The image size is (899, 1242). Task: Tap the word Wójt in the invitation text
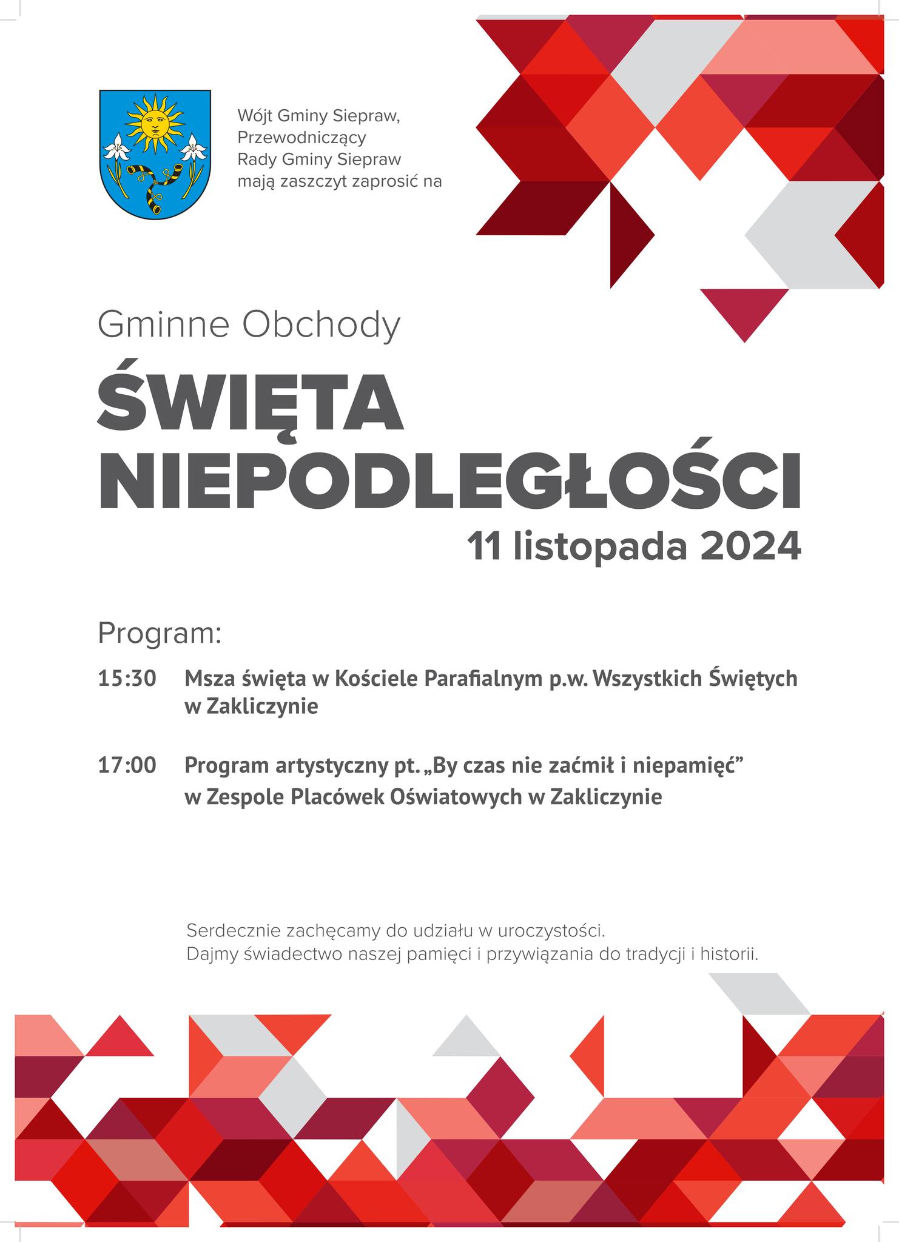tap(255, 115)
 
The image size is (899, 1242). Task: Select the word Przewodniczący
tap(301, 138)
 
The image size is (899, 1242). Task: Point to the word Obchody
tap(321, 325)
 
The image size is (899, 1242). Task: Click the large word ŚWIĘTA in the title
tap(250, 401)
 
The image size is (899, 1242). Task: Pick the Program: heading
tap(160, 633)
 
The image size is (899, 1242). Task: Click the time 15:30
tap(127, 679)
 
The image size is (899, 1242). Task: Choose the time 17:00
tap(127, 765)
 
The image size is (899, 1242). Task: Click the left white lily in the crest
tap(115, 147)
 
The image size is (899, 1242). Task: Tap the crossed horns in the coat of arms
tap(154, 182)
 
